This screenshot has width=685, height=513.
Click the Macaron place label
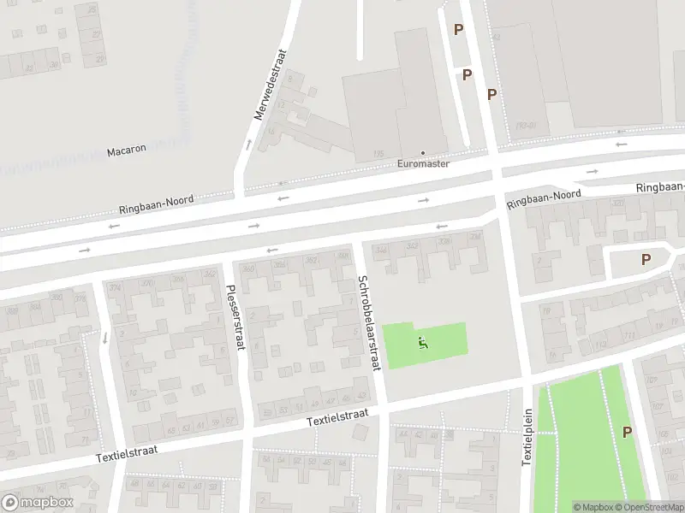[126, 150]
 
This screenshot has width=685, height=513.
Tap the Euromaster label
[423, 163]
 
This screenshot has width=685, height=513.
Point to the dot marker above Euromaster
[422, 153]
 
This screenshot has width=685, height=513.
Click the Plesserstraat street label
[232, 317]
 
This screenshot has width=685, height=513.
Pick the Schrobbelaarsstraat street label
[369, 322]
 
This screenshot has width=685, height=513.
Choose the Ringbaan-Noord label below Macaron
[157, 205]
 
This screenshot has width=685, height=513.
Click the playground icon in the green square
[423, 344]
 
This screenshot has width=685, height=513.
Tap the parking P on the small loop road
[646, 259]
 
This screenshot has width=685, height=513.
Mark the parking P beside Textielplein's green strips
[628, 433]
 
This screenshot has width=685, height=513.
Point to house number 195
[377, 153]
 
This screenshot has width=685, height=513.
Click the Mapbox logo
[38, 503]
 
